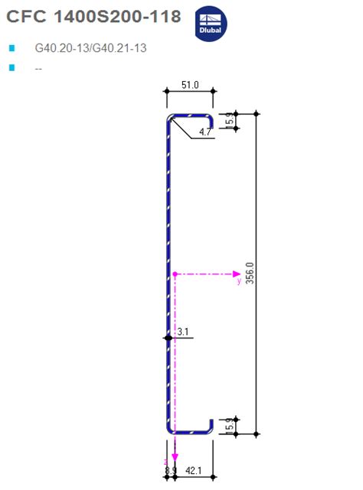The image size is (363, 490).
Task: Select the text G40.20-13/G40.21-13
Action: tap(91, 48)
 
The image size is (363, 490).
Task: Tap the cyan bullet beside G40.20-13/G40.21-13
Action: tap(11, 48)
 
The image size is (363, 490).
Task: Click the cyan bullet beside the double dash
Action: tap(11, 68)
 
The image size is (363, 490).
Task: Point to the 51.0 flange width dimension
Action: tap(189, 86)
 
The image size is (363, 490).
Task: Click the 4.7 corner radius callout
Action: tap(205, 132)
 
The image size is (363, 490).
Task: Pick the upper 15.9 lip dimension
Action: tap(229, 121)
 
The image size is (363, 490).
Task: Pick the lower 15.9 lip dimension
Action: tap(229, 426)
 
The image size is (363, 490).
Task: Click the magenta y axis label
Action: tap(239, 281)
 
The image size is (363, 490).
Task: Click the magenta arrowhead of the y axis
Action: tap(236, 274)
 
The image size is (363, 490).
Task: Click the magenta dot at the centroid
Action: tap(175, 274)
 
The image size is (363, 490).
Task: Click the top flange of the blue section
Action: tap(190, 115)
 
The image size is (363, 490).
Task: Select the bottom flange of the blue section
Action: tap(189, 432)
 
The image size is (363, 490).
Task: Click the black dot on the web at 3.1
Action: tap(166, 336)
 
